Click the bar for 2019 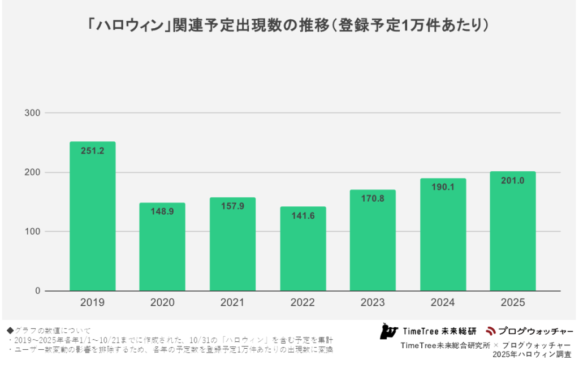tap(92, 226)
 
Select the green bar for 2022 tap(303, 254)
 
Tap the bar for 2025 tap(512, 237)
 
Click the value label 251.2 tap(92, 151)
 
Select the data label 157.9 tap(232, 206)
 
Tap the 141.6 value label tap(303, 216)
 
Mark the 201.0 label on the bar tap(512, 181)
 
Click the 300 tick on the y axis tap(32, 113)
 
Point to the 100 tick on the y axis tap(32, 232)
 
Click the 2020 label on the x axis tap(162, 303)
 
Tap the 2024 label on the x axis tap(443, 303)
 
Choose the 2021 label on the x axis tap(232, 303)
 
